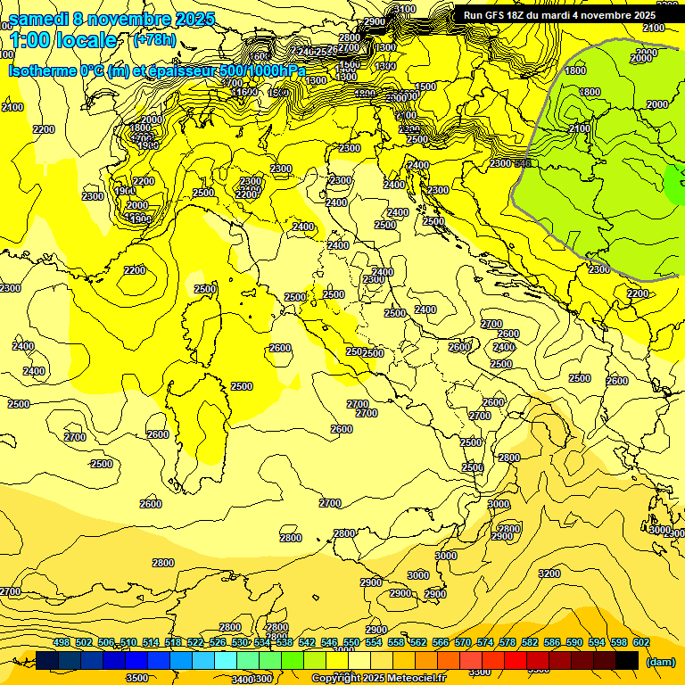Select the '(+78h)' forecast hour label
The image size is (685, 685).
(154, 40)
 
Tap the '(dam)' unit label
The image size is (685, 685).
(659, 661)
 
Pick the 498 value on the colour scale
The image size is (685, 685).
(62, 642)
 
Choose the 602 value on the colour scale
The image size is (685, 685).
(641, 642)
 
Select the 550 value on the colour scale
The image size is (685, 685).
(351, 642)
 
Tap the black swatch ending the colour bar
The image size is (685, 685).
(627, 660)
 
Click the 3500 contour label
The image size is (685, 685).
(137, 678)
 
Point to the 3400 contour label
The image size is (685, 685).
(242, 679)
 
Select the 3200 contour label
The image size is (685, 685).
(549, 573)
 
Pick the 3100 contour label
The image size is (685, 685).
(404, 9)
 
